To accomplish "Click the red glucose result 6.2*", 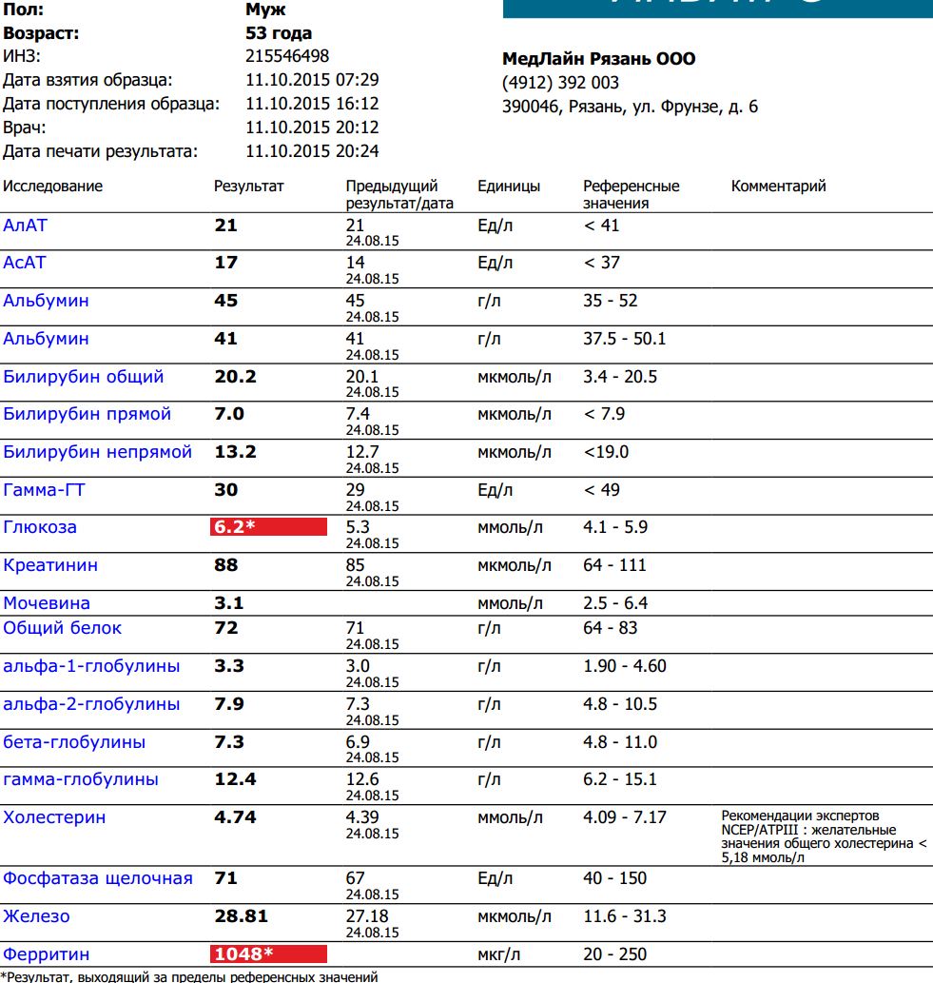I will [268, 527].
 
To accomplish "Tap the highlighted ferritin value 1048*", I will [268, 954].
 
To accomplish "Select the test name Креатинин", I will [50, 565].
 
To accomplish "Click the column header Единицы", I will [509, 187].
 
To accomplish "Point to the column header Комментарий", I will [778, 187].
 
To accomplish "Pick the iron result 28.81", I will [242, 916].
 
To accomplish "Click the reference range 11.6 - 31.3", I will [624, 916].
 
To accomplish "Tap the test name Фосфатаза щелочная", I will [98, 878].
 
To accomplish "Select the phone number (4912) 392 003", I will [560, 83].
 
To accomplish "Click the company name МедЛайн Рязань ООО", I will [598, 59].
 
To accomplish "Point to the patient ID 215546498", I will [287, 56].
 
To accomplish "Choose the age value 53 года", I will [279, 33].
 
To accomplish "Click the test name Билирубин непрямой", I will [98, 452].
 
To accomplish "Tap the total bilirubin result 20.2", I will [236, 377].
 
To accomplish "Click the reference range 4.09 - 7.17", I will [624, 817].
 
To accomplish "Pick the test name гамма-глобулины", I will [81, 780].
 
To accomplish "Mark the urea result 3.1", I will [229, 603].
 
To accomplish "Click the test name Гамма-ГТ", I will [44, 490].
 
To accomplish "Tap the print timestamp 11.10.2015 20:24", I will [312, 151].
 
